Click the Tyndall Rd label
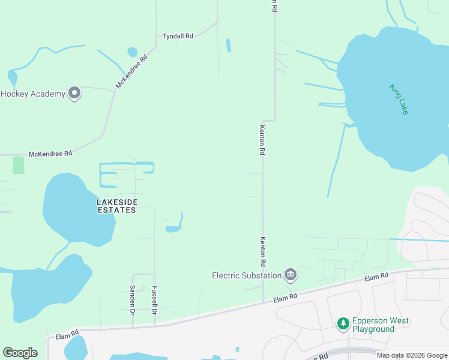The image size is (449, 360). (178, 36)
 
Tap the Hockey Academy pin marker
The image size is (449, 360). (74, 93)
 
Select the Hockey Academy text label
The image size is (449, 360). (32, 94)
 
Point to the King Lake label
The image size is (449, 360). (399, 99)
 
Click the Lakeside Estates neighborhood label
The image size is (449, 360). (116, 206)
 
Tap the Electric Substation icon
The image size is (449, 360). (291, 275)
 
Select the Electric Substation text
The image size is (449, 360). (247, 275)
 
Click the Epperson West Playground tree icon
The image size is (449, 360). (343, 324)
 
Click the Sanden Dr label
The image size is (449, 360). (133, 299)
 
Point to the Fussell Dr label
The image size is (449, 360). (154, 299)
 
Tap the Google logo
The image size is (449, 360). (20, 353)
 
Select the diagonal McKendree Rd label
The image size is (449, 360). (131, 73)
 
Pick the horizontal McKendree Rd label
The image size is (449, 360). (50, 154)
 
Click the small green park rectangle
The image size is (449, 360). (19, 165)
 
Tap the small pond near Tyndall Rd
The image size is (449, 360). (132, 52)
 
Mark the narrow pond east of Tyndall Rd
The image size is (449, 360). (228, 45)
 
